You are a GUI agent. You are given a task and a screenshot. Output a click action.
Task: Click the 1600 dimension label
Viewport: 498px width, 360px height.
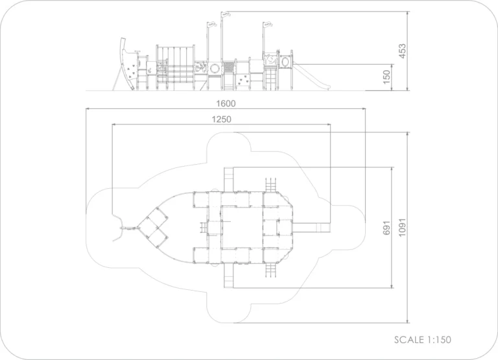point(226,104)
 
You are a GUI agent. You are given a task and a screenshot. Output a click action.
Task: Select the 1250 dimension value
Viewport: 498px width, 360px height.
point(221,119)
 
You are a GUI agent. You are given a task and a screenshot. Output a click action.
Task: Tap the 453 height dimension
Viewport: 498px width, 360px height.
point(402,51)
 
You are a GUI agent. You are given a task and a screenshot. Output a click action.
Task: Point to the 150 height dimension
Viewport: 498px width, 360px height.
point(386,77)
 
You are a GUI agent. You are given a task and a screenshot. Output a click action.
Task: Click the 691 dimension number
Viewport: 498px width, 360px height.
point(386,228)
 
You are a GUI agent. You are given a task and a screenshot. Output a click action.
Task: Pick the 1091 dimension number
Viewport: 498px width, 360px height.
point(402,228)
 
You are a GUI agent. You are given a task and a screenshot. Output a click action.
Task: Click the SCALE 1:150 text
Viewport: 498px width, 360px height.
point(422,340)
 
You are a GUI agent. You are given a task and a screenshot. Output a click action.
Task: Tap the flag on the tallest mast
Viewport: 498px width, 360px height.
point(226,14)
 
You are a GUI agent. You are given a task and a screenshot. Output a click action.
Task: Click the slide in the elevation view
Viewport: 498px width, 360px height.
point(311,76)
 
